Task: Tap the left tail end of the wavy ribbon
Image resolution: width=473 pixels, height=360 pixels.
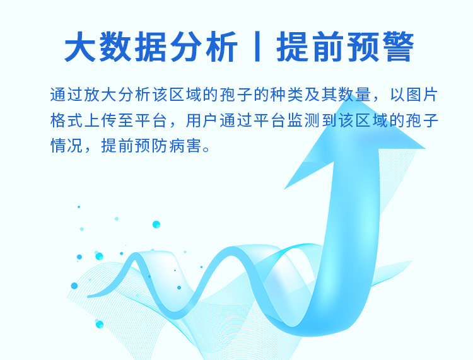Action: click(x=90, y=295)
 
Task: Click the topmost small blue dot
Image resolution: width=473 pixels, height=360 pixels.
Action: click(x=79, y=207)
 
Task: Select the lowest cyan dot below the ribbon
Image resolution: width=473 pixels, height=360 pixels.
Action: click(x=99, y=324)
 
